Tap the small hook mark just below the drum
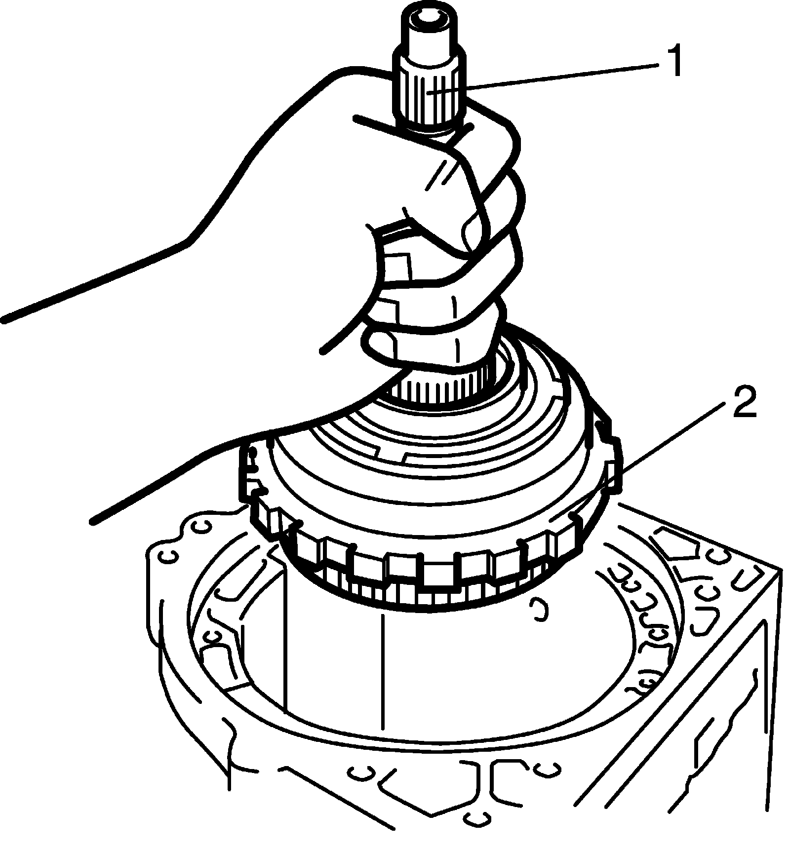click(537, 610)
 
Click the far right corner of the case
click(780, 572)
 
